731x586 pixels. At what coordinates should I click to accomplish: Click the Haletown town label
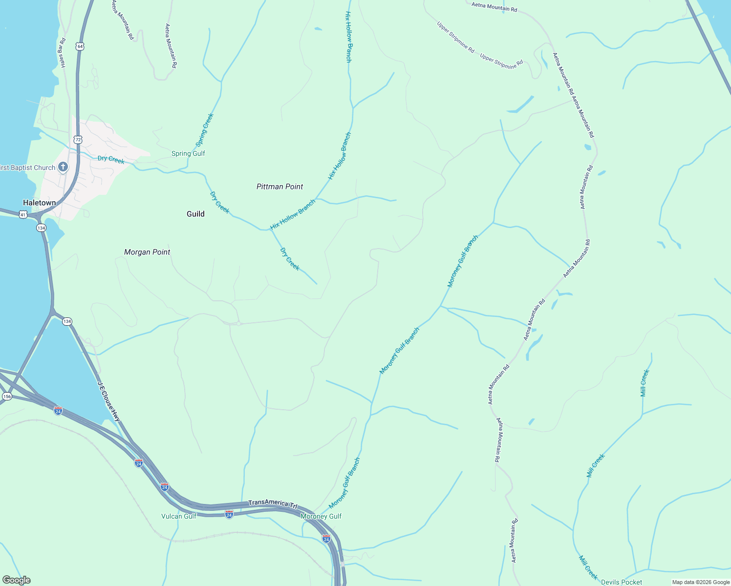(39, 203)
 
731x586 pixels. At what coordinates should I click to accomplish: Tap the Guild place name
(195, 214)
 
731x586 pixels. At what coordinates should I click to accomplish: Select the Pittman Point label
(279, 187)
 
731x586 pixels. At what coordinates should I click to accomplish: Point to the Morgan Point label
(147, 252)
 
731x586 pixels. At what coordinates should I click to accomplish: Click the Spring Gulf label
(188, 153)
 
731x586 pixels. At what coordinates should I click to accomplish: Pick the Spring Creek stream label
(204, 130)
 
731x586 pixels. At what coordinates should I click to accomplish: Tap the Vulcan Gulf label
(179, 516)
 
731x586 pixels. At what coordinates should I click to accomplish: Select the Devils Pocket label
(622, 582)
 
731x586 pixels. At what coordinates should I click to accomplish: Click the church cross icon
(63, 167)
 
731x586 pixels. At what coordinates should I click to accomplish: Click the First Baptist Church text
(27, 167)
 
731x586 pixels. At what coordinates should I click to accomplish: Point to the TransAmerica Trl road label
(273, 503)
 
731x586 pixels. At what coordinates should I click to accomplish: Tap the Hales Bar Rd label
(62, 53)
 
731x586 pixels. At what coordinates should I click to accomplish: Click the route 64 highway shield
(80, 46)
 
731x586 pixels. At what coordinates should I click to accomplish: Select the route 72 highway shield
(78, 140)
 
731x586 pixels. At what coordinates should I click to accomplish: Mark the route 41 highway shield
(23, 214)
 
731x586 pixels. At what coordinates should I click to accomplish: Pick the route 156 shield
(7, 397)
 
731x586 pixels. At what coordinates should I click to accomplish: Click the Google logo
(17, 580)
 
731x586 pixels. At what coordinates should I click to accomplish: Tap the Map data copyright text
(701, 582)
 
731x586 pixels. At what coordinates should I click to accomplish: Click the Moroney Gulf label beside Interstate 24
(321, 516)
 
